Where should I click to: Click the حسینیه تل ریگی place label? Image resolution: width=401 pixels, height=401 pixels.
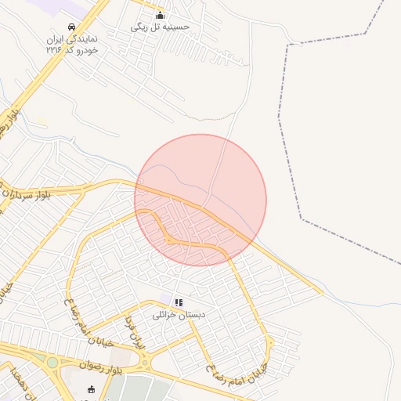[x=161, y=27]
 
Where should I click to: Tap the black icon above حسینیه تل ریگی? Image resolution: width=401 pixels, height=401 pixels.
[x=161, y=15]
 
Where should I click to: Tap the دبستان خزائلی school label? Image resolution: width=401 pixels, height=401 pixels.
[x=179, y=314]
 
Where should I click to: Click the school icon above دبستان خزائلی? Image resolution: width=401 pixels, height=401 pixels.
[x=179, y=302]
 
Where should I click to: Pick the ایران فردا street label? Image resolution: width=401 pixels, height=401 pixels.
[x=135, y=333]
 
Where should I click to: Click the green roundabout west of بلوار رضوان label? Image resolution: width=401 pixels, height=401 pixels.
[x=52, y=363]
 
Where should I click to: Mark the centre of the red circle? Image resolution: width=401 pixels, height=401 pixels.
[x=200, y=200]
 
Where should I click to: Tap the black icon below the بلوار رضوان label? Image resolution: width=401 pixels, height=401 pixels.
[x=92, y=389]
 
